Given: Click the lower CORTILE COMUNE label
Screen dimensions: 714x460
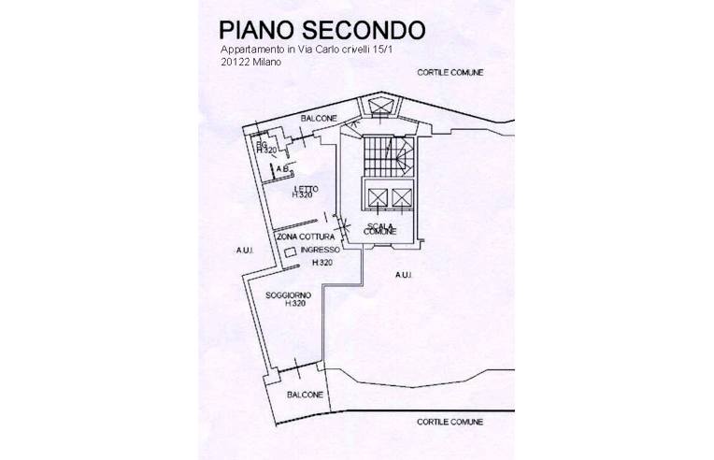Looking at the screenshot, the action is [x=450, y=422].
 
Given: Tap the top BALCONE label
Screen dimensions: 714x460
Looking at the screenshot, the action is [x=318, y=118].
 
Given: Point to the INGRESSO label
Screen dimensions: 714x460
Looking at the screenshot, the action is [x=321, y=252].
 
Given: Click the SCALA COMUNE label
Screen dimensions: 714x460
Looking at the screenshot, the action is [x=380, y=228].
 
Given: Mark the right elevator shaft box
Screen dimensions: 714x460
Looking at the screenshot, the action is [x=401, y=198].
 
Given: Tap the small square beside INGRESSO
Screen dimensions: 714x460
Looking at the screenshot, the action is [x=290, y=252].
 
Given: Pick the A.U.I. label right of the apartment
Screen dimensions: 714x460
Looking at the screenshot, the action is [x=404, y=274].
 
